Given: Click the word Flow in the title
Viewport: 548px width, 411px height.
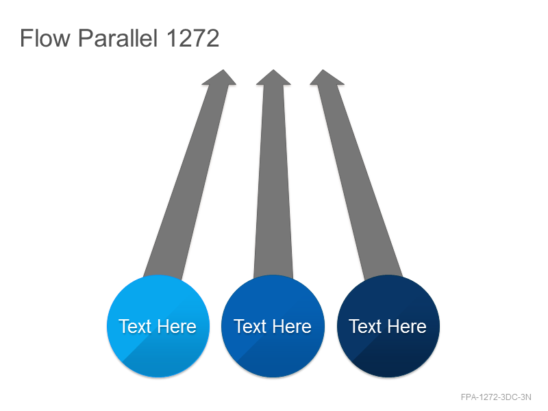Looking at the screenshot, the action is tap(45, 38).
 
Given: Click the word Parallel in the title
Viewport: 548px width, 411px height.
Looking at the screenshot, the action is tap(118, 38).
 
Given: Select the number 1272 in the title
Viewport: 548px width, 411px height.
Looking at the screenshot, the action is tap(192, 38).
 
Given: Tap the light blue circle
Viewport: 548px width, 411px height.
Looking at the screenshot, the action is tap(158, 326).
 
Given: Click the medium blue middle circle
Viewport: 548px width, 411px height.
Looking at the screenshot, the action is tap(273, 326).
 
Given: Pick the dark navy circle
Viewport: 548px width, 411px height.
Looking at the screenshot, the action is tap(388, 326).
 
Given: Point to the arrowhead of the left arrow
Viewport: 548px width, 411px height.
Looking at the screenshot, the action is tap(220, 77).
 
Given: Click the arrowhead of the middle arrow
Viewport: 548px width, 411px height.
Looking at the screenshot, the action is tap(273, 77).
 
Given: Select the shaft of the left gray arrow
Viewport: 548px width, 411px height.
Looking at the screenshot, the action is tap(186, 182).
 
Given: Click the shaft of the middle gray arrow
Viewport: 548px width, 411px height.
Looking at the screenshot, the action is tap(273, 182).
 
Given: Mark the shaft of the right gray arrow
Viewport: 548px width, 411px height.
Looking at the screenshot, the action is tap(360, 182).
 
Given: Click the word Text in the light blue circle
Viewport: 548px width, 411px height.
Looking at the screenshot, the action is tap(135, 327).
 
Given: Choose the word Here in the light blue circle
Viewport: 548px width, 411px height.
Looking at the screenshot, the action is tap(177, 327).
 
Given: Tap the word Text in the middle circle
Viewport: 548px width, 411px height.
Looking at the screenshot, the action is tap(250, 327).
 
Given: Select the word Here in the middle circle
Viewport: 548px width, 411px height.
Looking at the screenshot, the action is tap(292, 327).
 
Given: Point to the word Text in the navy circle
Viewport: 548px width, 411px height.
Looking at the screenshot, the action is tap(365, 327).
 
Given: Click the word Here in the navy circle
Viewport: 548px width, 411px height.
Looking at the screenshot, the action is tap(407, 327).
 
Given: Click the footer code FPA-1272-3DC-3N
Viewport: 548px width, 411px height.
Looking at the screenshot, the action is tap(496, 397).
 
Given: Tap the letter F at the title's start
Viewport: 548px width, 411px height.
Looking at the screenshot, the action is tap(26, 38).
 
